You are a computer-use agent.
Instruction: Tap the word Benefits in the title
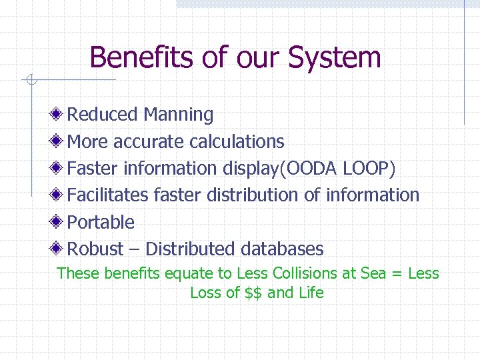point(142,58)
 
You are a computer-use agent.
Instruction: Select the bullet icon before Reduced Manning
point(59,115)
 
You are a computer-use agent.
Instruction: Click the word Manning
point(178,115)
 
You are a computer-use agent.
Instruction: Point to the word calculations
point(237,142)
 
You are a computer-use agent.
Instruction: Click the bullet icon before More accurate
point(59,141)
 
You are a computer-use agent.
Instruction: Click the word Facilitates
point(108,195)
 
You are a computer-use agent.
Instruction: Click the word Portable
point(101,223)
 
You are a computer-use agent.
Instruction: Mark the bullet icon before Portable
point(59,222)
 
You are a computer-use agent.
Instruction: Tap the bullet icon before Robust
point(59,249)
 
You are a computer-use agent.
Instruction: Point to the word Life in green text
point(310,293)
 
